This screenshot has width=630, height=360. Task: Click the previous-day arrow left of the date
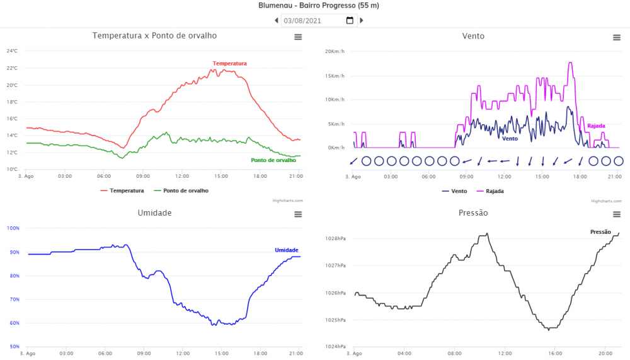pyautogui.click(x=276, y=21)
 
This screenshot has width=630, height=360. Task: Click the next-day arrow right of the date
pyautogui.click(x=362, y=21)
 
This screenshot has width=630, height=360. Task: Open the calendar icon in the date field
pyautogui.click(x=350, y=21)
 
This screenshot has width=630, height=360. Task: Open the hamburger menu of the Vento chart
pyautogui.click(x=617, y=38)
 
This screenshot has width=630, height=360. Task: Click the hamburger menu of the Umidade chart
pyautogui.click(x=298, y=215)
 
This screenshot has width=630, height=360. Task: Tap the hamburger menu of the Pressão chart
pyautogui.click(x=617, y=215)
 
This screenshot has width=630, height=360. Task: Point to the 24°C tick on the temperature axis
pyautogui.click(x=13, y=51)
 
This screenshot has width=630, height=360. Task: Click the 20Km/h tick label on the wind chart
pyautogui.click(x=335, y=52)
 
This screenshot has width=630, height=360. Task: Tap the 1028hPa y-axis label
pyautogui.click(x=335, y=239)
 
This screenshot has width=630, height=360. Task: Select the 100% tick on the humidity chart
pyautogui.click(x=13, y=228)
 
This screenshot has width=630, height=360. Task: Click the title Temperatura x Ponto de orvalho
pyautogui.click(x=154, y=36)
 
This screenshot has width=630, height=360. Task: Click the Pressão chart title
pyautogui.click(x=473, y=213)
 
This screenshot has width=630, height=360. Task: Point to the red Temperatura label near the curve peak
pyautogui.click(x=229, y=64)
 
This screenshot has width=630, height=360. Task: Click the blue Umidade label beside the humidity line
pyautogui.click(x=286, y=250)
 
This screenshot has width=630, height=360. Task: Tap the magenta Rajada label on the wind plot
pyautogui.click(x=596, y=126)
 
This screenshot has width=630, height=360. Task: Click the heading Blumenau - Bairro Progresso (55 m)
pyautogui.click(x=319, y=6)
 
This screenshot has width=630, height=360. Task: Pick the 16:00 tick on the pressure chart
pyautogui.click(x=554, y=352)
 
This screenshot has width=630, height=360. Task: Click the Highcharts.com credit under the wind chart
pyautogui.click(x=604, y=201)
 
